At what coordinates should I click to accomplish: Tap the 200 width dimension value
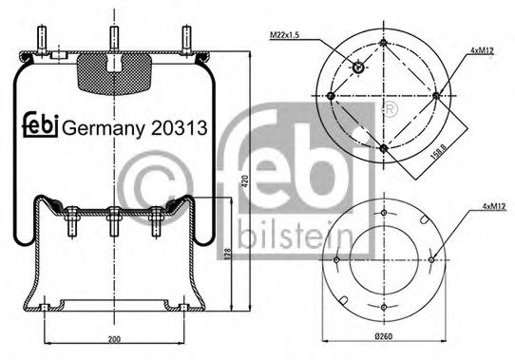pyautogui.click(x=114, y=339)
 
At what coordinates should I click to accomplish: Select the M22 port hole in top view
pyautogui.click(x=358, y=66)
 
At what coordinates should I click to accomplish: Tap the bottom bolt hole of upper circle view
pyautogui.click(x=382, y=148)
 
